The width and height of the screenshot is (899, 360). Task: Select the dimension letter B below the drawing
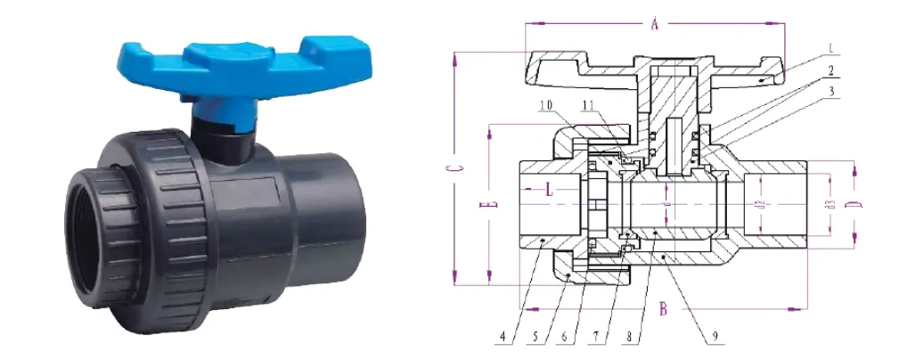click(664, 310)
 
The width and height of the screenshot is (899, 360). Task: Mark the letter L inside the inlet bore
click(550, 189)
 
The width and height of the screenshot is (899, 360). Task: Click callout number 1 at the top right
click(830, 46)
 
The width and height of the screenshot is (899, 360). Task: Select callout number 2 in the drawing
click(830, 70)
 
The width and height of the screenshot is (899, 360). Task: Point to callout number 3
click(830, 90)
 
